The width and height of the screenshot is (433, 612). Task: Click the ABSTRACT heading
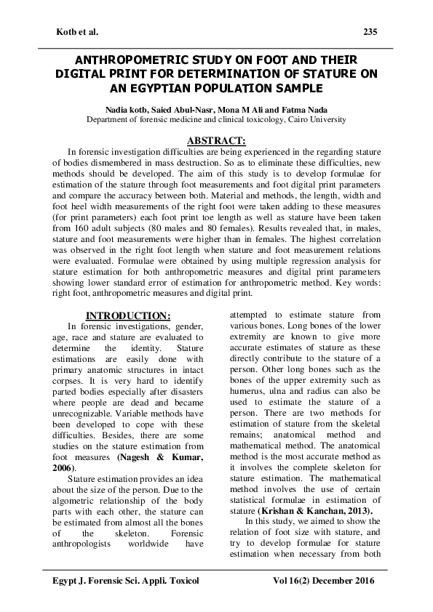[216, 138]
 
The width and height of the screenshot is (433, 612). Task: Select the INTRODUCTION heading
[128, 315]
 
